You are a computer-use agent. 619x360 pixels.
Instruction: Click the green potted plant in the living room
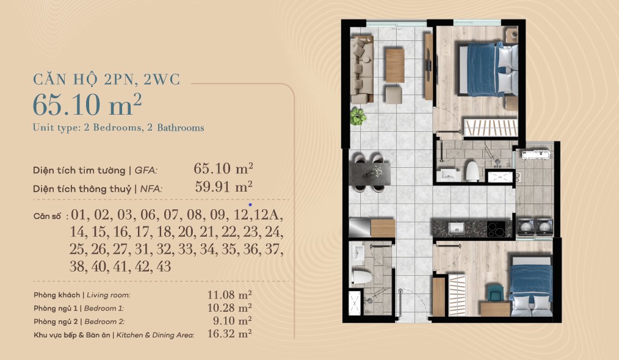point(358,117)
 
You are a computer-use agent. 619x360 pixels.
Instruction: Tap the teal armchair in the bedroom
point(494,293)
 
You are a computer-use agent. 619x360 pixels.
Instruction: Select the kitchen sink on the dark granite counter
point(457,228)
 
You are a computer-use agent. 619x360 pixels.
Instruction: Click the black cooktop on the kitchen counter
point(496,229)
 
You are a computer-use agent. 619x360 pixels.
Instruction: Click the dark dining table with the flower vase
point(369,174)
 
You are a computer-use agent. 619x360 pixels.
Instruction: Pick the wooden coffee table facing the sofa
point(395,65)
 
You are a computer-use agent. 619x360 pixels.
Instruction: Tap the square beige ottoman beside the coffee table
point(394,95)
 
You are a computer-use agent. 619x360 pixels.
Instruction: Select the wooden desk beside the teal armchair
point(495,309)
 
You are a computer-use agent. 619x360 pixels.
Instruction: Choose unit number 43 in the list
point(164,267)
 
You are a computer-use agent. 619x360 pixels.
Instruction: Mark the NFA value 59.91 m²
point(224,186)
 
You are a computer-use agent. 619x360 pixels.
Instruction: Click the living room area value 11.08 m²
point(230,295)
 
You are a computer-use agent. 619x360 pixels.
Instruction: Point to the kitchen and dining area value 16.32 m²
point(230,334)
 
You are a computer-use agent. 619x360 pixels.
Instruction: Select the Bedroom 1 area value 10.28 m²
point(230,308)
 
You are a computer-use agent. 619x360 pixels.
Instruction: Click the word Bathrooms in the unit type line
point(181,128)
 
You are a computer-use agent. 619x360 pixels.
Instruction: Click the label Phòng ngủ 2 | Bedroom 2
point(79,322)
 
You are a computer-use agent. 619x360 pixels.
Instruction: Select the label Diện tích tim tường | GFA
point(95,170)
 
